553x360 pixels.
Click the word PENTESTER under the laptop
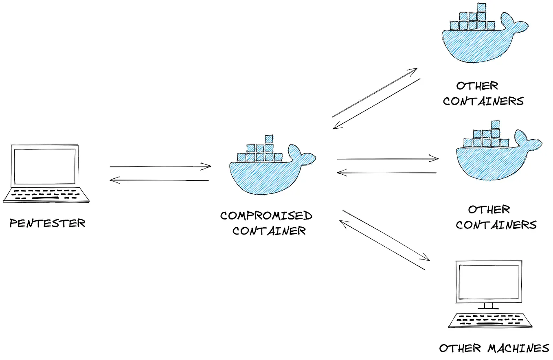[x=47, y=223]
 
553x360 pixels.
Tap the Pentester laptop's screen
[x=45, y=166]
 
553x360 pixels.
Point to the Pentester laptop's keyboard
[x=46, y=195]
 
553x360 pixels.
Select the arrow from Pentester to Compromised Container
[x=160, y=166]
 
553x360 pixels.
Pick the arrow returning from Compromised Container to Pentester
[x=160, y=180]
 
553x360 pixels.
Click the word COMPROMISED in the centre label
[x=266, y=215]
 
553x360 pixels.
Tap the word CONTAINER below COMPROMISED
[x=269, y=231]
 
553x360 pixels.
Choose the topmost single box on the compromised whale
[x=269, y=138]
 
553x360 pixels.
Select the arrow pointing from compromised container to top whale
[x=375, y=92]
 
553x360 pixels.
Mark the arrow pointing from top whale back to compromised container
[x=376, y=103]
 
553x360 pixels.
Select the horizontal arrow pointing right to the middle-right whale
[x=388, y=159]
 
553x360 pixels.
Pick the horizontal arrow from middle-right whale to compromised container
[x=387, y=173]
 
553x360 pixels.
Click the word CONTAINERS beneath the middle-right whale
[x=496, y=225]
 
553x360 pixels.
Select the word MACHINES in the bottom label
[x=518, y=349]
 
